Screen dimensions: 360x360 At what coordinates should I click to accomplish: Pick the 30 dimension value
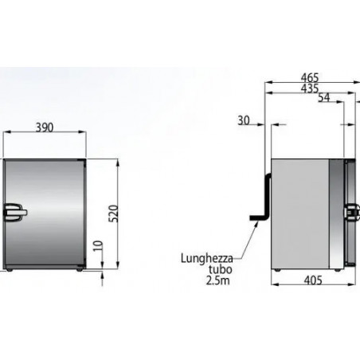(244, 120)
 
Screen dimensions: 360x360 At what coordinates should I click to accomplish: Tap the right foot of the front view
(79, 271)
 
